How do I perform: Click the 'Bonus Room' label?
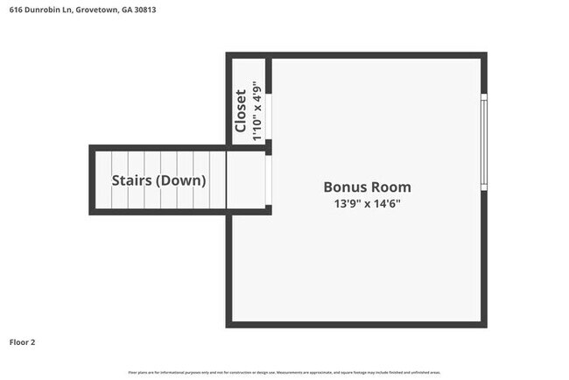(x=367, y=186)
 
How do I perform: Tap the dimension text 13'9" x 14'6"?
(x=367, y=203)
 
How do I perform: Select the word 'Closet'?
(x=241, y=111)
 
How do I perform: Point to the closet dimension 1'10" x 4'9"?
(x=257, y=111)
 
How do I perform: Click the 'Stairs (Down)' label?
(x=158, y=180)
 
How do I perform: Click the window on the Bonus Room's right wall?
(x=482, y=141)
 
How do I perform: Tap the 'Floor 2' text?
(x=24, y=341)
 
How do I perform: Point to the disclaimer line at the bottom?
(x=284, y=372)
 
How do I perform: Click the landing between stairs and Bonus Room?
(x=248, y=179)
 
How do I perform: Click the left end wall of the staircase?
(x=93, y=179)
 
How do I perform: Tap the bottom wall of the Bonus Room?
(x=356, y=324)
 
